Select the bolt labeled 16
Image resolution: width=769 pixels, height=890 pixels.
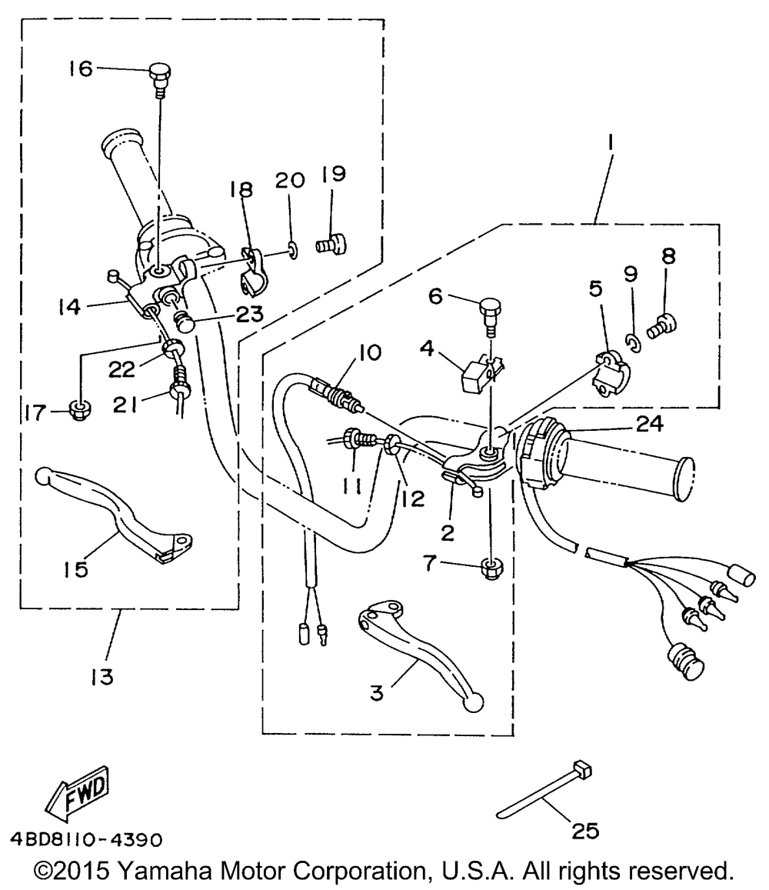159,78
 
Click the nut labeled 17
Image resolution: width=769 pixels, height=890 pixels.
78,409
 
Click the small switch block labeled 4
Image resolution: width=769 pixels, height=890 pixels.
474,375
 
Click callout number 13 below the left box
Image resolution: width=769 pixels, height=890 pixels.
100,677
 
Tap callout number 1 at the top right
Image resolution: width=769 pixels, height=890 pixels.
610,142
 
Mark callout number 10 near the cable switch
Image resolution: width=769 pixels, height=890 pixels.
368,353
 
